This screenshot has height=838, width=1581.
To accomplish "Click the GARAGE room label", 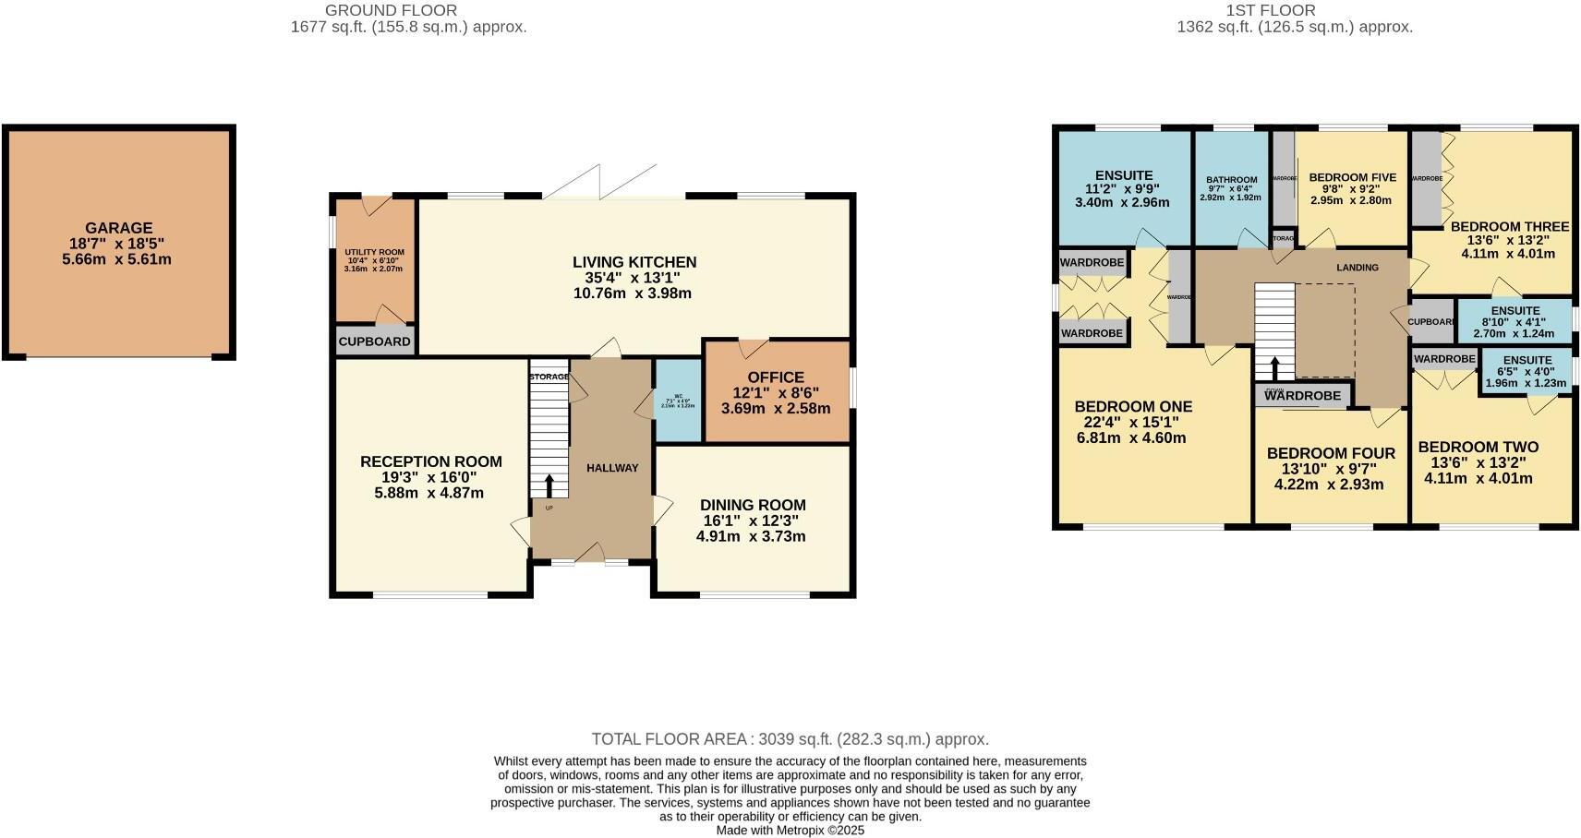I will pyautogui.click(x=118, y=228).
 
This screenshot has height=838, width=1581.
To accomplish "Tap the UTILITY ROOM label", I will pyautogui.click(x=374, y=252).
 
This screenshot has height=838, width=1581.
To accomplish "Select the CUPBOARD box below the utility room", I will pyautogui.click(x=374, y=341).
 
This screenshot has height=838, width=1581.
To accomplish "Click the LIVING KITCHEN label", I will pyautogui.click(x=634, y=262).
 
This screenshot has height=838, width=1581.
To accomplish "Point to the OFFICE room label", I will pyautogui.click(x=775, y=377).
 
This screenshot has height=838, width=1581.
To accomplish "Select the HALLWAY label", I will pyautogui.click(x=612, y=468).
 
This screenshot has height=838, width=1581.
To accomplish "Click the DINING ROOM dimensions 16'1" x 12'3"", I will pyautogui.click(x=753, y=521).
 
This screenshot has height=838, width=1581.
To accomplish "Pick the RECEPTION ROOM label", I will pyautogui.click(x=430, y=461).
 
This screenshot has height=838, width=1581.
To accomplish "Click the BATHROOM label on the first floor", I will pyautogui.click(x=1231, y=180).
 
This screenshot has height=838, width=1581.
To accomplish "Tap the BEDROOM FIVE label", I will pyautogui.click(x=1352, y=177).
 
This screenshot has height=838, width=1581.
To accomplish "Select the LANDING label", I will pyautogui.click(x=1357, y=268).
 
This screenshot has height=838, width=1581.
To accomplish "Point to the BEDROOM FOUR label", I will pyautogui.click(x=1330, y=453).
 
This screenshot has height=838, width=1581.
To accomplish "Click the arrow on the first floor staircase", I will pyautogui.click(x=1275, y=367).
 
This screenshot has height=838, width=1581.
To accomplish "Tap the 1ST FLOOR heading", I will pyautogui.click(x=1270, y=10).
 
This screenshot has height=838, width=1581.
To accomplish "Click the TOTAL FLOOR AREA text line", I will pyautogui.click(x=790, y=739).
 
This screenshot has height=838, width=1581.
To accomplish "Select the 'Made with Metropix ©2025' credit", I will pyautogui.click(x=790, y=830).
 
